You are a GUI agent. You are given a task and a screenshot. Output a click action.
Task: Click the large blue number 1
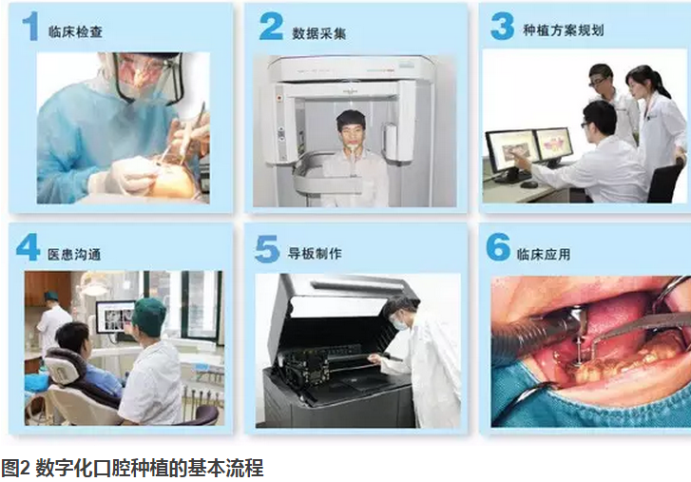[30, 26]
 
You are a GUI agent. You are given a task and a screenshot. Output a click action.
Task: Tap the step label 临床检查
[75, 31]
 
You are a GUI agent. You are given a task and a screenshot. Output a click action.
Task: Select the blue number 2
[271, 26]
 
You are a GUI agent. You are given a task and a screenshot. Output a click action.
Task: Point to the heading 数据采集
[318, 33]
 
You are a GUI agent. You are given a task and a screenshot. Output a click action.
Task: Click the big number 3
[502, 26]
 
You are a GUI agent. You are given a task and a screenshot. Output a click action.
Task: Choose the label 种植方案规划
[564, 30]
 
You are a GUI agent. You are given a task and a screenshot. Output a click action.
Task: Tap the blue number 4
[28, 247]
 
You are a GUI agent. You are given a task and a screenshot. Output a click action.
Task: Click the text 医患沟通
[74, 254]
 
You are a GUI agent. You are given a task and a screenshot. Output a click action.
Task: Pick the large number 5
[267, 249]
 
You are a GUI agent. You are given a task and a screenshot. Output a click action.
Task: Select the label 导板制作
[315, 253]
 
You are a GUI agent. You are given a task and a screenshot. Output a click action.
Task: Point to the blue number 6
[498, 247]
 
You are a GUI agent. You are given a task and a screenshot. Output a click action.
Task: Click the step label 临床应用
[544, 254]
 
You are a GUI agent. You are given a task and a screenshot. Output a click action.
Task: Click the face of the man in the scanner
[352, 130]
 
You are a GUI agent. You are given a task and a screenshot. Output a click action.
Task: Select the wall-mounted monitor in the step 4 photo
[115, 317]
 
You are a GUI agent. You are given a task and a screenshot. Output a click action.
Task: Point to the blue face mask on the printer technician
[400, 324]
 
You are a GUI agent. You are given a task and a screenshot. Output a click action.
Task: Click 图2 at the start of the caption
[15, 468]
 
